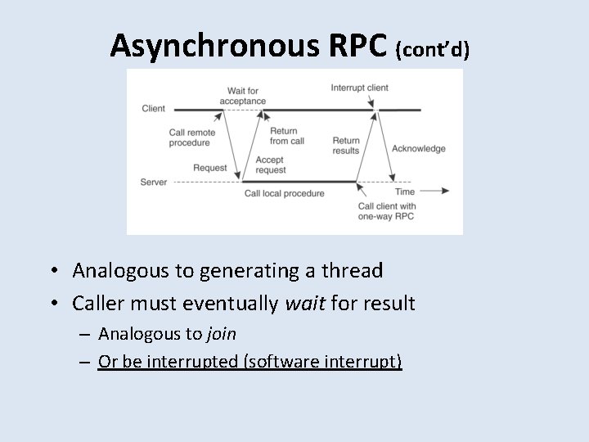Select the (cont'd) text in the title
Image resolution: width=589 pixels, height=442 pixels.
(432, 50)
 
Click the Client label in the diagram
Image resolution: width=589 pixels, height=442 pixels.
(153, 108)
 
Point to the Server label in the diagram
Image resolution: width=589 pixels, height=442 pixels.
(154, 181)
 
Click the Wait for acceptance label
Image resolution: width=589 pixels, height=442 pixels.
(243, 95)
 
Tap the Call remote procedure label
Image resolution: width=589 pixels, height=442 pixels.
(190, 138)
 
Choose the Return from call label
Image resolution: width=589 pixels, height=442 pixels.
(286, 136)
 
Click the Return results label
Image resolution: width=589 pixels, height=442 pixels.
(346, 146)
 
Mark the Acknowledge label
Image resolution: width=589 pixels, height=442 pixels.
(419, 148)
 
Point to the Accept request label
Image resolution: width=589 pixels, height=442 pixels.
(270, 165)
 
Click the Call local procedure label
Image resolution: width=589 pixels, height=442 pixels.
(284, 193)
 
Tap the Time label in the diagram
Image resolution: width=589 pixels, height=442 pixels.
(405, 191)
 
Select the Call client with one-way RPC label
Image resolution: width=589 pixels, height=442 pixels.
(387, 211)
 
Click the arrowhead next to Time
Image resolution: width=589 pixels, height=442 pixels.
(444, 191)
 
